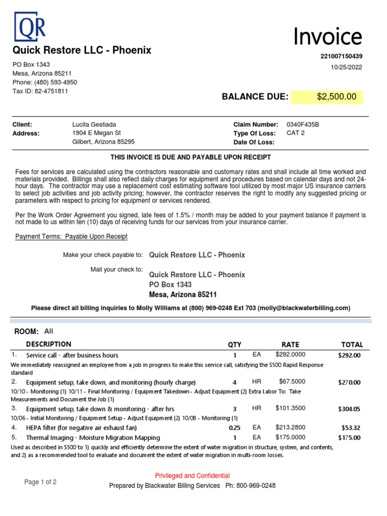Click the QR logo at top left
click(30, 27)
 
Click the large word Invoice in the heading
click(328, 37)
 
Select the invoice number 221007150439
click(341, 56)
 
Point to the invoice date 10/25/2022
click(346, 67)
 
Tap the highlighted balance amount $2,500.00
click(336, 97)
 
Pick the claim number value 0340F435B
click(303, 124)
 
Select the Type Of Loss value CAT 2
click(295, 133)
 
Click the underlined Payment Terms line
click(71, 236)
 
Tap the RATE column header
click(290, 345)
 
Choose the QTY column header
click(234, 345)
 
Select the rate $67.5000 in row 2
click(290, 382)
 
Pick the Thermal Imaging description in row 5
click(93, 437)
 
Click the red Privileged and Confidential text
click(192, 476)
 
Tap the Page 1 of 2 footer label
click(40, 482)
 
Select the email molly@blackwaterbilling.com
click(304, 308)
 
